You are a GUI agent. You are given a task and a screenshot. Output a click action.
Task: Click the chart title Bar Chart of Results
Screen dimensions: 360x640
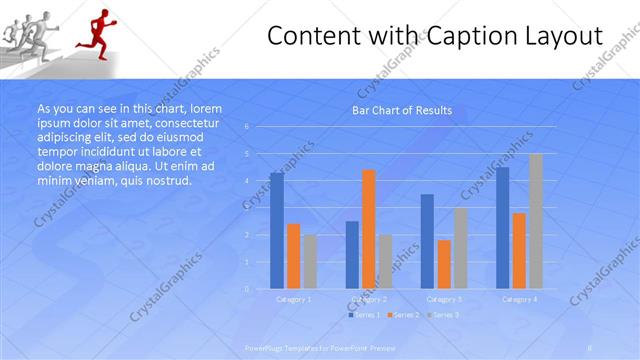(x=402, y=110)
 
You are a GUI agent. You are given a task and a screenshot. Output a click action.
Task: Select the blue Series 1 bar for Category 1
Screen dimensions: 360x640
(x=277, y=231)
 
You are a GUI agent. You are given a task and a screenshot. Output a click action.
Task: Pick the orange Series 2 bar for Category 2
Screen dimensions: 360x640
(x=369, y=229)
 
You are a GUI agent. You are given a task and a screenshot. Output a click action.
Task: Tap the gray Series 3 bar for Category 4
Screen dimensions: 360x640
(x=536, y=221)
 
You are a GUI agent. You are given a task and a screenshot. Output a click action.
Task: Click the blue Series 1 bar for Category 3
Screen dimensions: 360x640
(x=428, y=241)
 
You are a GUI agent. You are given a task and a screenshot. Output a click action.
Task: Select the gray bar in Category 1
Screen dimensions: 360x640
(x=310, y=261)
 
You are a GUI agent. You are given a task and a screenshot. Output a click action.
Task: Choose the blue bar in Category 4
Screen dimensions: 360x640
(x=503, y=228)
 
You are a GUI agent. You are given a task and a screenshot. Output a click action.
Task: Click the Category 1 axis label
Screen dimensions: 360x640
(x=294, y=299)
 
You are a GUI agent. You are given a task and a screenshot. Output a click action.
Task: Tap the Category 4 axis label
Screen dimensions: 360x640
(x=519, y=299)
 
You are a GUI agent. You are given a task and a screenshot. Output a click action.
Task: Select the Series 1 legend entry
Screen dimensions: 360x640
(x=365, y=315)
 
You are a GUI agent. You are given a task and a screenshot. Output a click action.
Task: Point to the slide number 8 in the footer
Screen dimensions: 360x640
(x=591, y=346)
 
